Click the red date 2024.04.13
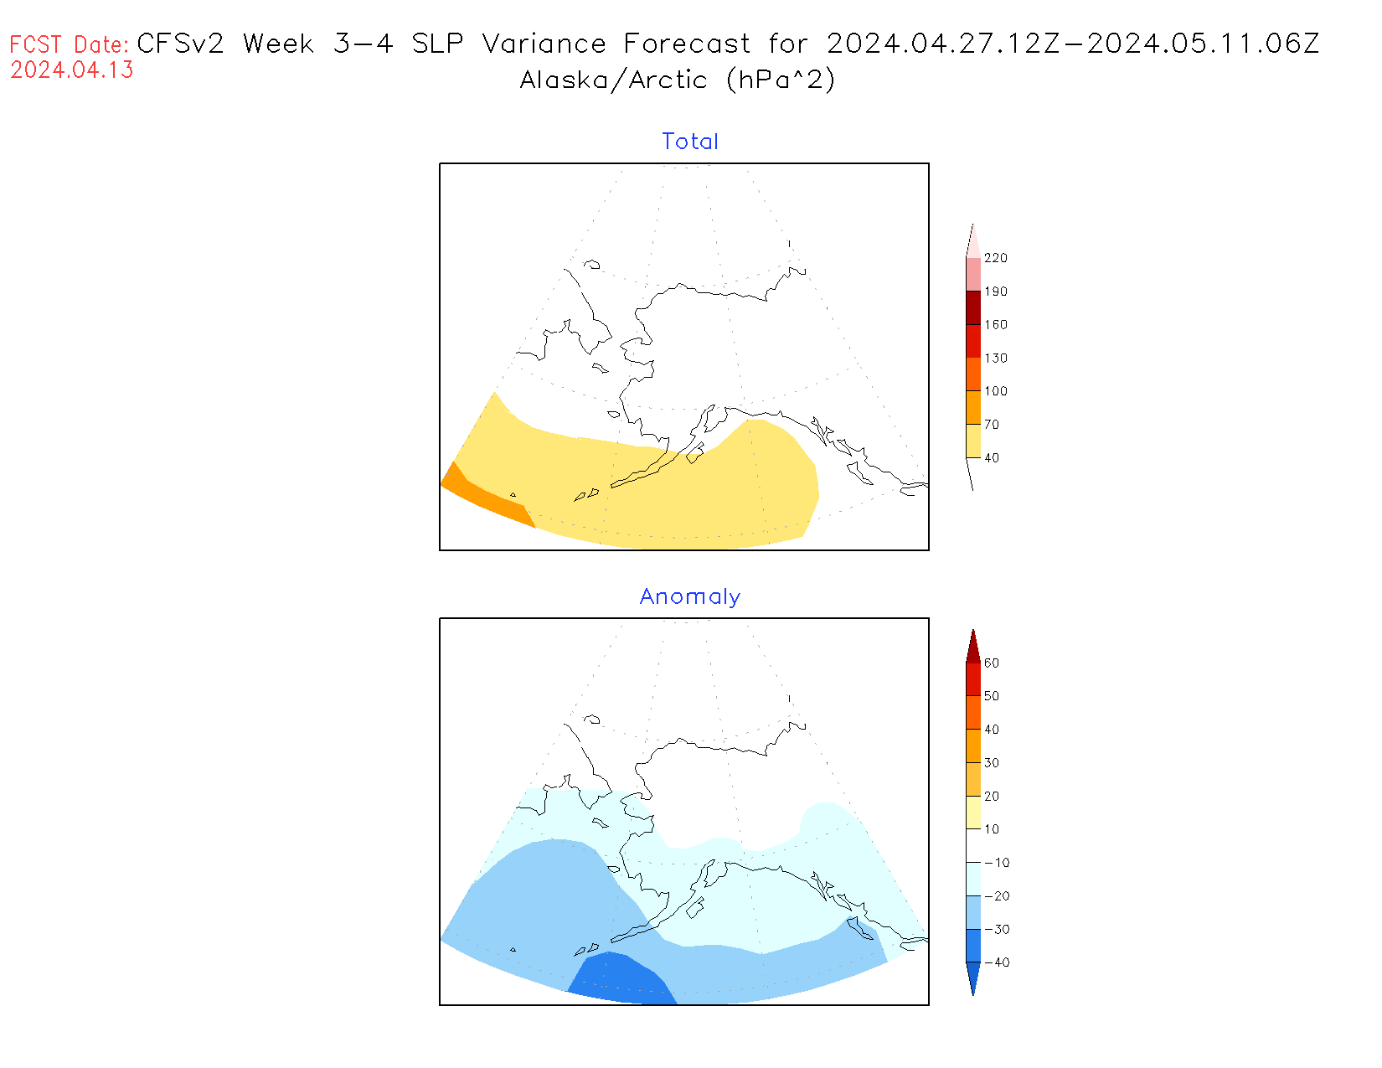[x=72, y=70]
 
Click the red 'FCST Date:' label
[x=70, y=44]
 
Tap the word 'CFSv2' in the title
[x=180, y=44]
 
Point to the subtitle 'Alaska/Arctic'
[x=613, y=80]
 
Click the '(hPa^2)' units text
[x=781, y=80]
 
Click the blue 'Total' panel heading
[x=690, y=142]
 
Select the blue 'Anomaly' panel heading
[x=690, y=596]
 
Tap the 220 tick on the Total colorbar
[x=996, y=258]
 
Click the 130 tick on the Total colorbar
[x=996, y=358]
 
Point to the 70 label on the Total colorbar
[x=992, y=425]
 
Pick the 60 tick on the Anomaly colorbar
[x=992, y=663]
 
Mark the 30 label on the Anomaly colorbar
[x=992, y=763]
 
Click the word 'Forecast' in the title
[x=687, y=44]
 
